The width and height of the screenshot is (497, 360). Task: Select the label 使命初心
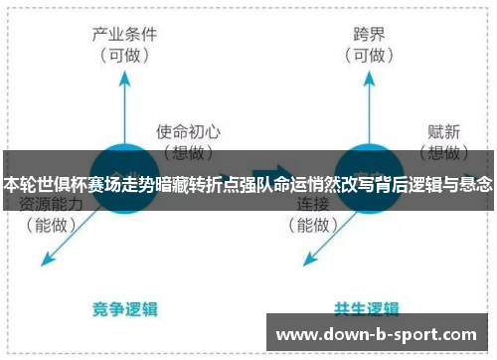(x=188, y=130)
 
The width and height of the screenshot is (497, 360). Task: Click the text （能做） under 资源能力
(x=52, y=225)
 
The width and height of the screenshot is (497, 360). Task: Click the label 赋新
(x=442, y=130)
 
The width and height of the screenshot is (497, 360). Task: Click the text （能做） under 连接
(x=314, y=225)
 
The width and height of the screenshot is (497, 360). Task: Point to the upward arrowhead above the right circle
(x=367, y=82)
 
